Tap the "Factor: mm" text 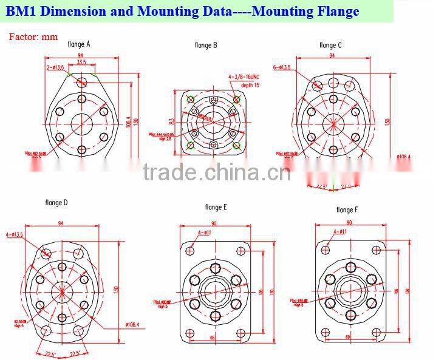point(33,36)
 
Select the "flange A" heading point(79,44)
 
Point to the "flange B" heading point(206,45)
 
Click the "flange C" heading point(330,45)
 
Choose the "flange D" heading point(56,202)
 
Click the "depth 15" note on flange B point(250,85)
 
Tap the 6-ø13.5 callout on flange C point(282,67)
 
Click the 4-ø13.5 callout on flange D point(15,234)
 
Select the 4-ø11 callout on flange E point(205,233)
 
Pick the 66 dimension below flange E point(213,336)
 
